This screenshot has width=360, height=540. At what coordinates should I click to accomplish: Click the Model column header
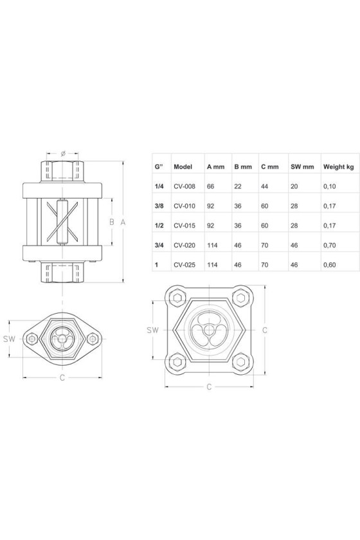(x=183, y=167)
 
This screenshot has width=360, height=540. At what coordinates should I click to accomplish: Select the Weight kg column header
(x=338, y=167)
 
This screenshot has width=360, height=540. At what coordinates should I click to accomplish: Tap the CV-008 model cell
(x=184, y=186)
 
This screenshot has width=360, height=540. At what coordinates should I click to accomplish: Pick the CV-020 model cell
(x=184, y=245)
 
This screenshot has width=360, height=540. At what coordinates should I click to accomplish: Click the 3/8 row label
(x=159, y=206)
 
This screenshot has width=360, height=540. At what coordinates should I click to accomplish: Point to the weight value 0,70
(x=329, y=245)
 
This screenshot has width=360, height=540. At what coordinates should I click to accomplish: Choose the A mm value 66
(x=210, y=186)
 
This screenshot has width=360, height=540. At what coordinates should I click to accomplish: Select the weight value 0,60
(x=329, y=265)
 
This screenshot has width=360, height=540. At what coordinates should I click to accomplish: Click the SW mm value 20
(x=294, y=186)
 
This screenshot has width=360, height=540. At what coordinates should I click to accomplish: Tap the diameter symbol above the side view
(x=63, y=153)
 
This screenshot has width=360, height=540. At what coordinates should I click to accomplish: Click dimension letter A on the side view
(x=123, y=222)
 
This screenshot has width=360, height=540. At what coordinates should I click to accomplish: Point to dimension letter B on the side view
(x=112, y=222)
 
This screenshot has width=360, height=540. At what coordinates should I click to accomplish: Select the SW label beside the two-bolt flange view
(x=10, y=339)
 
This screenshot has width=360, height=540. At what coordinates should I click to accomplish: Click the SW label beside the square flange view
(x=152, y=330)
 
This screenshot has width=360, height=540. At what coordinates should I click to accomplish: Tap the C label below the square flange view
(x=209, y=387)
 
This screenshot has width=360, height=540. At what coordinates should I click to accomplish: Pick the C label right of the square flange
(x=265, y=330)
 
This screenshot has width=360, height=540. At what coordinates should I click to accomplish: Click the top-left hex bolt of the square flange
(x=177, y=298)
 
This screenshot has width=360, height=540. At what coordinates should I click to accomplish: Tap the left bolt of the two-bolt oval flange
(x=32, y=339)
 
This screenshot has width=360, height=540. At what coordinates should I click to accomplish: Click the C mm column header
(x=270, y=167)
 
